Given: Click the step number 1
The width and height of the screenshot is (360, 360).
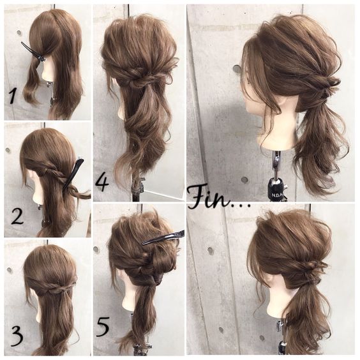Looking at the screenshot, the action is [13, 96].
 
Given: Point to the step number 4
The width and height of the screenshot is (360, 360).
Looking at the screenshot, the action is [102, 183].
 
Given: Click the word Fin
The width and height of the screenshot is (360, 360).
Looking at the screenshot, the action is [209, 197].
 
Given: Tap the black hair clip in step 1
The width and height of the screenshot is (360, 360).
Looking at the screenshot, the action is [33, 52].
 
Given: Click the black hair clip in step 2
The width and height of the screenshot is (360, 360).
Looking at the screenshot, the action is [73, 174].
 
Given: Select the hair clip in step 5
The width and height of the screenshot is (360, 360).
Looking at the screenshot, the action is [163, 237].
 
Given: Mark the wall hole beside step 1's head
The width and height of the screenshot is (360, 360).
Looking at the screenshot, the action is [19, 33].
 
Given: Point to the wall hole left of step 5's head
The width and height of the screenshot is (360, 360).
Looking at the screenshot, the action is [96, 250].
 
